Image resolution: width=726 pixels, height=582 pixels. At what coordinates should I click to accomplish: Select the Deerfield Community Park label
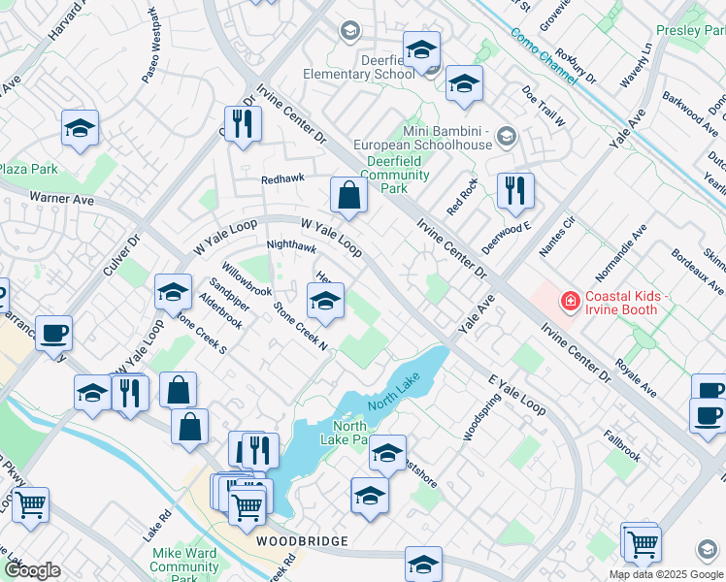[x=394, y=175]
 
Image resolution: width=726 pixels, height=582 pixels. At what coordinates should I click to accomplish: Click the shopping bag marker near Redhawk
[x=347, y=196]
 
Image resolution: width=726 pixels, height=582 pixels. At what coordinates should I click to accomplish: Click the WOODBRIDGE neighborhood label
[x=302, y=539]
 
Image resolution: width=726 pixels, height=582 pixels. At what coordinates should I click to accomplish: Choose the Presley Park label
[x=691, y=31]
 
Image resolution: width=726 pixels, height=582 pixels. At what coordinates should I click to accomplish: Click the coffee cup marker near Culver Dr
[x=53, y=334]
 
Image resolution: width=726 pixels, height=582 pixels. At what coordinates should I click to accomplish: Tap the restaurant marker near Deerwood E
[x=514, y=191]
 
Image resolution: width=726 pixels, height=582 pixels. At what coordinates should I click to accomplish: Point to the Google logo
[x=32, y=570]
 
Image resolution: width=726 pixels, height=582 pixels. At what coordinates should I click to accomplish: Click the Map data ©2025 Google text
[x=667, y=574]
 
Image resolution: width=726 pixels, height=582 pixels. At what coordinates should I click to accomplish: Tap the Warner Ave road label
[x=61, y=200]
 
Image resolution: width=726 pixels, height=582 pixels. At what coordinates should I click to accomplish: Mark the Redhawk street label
[x=282, y=179]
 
